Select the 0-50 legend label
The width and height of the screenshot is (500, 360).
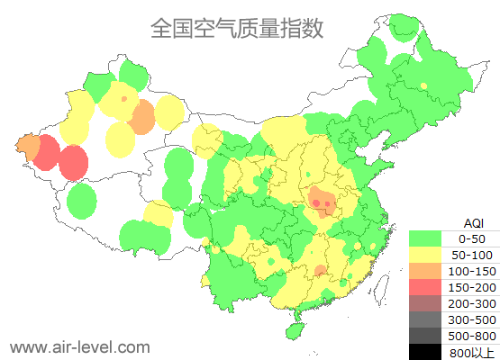472,238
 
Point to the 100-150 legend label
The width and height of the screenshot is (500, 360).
472,271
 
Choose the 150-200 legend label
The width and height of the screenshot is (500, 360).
472,287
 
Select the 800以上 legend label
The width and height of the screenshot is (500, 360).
472,352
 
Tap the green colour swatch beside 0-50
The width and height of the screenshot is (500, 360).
426,238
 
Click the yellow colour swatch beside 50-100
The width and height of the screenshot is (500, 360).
426,255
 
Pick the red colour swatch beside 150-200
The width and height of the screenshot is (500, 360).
426,287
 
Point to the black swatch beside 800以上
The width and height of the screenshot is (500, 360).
426,352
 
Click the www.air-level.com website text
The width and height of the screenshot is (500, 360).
79,346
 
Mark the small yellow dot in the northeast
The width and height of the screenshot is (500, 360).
422,85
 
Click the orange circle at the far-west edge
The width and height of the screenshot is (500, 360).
28,147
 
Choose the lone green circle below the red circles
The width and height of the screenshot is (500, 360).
82,200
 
